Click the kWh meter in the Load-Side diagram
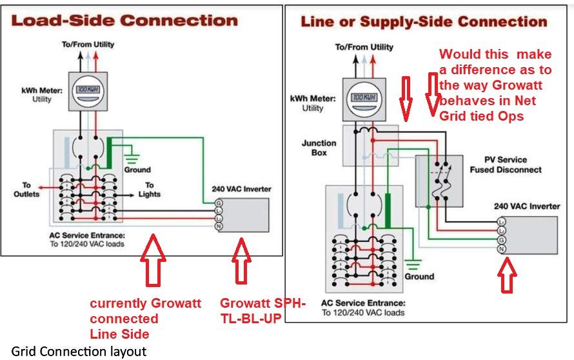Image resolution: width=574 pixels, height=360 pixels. tap(88, 92)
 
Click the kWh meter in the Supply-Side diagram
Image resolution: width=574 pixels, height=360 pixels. tap(364, 99)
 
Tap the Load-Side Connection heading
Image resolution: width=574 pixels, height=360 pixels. tap(124, 21)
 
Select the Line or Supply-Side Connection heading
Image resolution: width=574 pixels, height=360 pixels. tap(424, 21)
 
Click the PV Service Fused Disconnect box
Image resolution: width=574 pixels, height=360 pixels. tap(439, 181)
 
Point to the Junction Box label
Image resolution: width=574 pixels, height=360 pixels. tap(319, 148)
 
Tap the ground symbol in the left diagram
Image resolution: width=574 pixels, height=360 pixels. tap(132, 158)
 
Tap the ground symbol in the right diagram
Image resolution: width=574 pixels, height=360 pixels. tap(413, 265)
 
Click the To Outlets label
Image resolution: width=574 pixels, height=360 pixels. tap(26, 189)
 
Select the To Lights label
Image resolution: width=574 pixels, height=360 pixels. tap(150, 189)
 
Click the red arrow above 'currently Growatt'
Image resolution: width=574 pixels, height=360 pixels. tap(153, 260)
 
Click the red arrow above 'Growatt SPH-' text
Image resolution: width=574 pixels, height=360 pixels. tap(241, 261)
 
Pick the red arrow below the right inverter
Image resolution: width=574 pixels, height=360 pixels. tap(507, 275)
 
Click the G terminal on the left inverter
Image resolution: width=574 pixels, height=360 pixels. tap(219, 203)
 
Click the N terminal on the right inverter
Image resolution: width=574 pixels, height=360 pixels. tap(502, 249)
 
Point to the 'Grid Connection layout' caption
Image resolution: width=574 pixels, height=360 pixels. tap(79, 351)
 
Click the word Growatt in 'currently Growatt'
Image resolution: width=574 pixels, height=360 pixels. tap(176, 303)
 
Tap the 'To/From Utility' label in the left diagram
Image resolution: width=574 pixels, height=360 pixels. tap(88, 45)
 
